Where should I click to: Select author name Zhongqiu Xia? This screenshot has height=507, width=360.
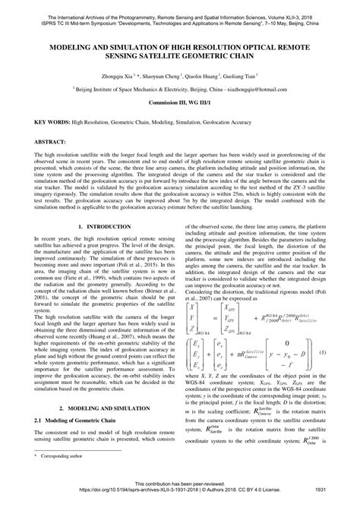click(x=114, y=77)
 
